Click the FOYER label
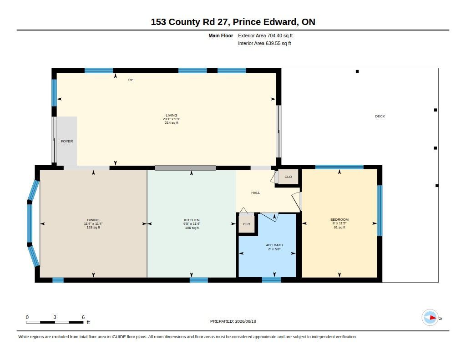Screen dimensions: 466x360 [66, 141]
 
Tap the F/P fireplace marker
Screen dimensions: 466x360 [130, 80]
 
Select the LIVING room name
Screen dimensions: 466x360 [172, 115]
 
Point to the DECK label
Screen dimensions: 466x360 [380, 116]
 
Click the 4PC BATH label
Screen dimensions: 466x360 [274, 245]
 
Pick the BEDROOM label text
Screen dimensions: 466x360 [339, 220]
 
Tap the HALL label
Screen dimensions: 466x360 [256, 193]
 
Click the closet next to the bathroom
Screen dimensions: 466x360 [247, 224]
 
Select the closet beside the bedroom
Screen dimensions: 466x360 [288, 177]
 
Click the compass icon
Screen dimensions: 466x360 [430, 318]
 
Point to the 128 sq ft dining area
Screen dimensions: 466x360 [93, 228]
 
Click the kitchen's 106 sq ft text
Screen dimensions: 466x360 [192, 228]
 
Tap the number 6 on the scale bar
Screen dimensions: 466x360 [83, 317]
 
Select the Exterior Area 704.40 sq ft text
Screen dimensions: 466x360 [265, 35]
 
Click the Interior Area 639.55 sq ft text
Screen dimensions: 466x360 [264, 43]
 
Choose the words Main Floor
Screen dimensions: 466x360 [221, 35]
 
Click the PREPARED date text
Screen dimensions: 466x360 [233, 321]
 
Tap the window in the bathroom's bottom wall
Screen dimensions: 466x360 [271, 280]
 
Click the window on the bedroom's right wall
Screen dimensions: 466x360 [380, 210]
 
